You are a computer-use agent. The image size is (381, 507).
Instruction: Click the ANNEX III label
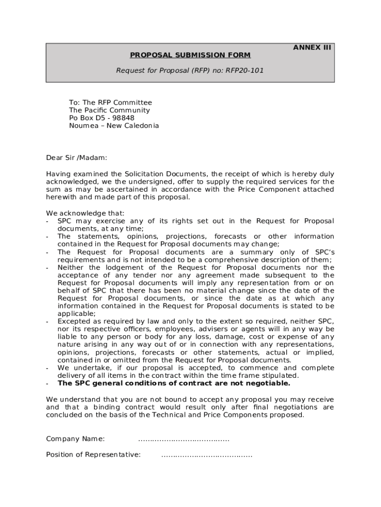312,48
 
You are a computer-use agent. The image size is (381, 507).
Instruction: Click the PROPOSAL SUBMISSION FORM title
190,55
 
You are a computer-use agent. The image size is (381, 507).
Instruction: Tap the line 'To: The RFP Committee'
110,102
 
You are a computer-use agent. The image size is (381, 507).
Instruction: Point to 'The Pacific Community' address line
109,110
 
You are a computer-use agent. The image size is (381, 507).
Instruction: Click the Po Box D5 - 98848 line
101,118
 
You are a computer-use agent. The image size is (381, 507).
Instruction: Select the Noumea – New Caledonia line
114,126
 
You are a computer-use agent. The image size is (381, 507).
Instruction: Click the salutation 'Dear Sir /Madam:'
76,158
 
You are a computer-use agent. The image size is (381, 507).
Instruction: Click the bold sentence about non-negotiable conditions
174,383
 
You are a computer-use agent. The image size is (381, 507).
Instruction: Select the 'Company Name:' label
75,439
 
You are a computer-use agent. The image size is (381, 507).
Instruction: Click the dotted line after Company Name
184,439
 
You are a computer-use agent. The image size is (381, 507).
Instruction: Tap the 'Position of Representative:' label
93,455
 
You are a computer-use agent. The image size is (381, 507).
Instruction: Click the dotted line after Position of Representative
206,455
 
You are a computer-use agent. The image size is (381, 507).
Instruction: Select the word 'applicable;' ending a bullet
77,313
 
